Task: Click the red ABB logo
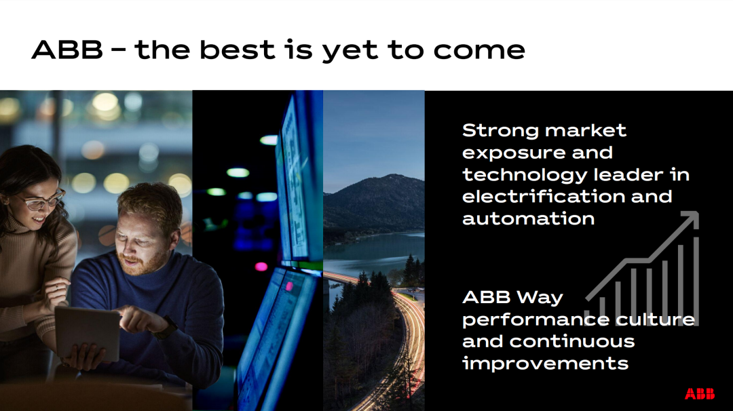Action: pyautogui.click(x=699, y=394)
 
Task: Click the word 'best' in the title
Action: pyautogui.click(x=237, y=50)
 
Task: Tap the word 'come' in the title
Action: pyautogui.click(x=479, y=50)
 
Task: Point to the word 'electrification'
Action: pyautogui.click(x=544, y=197)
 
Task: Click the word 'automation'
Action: pyautogui.click(x=528, y=218)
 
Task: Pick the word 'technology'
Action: pyautogui.click(x=524, y=176)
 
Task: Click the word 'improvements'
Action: pyautogui.click(x=545, y=364)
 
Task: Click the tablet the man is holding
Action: pyautogui.click(x=88, y=333)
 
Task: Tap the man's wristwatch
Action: pyautogui.click(x=166, y=328)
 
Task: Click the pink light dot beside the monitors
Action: pyautogui.click(x=261, y=267)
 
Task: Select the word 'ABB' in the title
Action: pyautogui.click(x=67, y=50)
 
